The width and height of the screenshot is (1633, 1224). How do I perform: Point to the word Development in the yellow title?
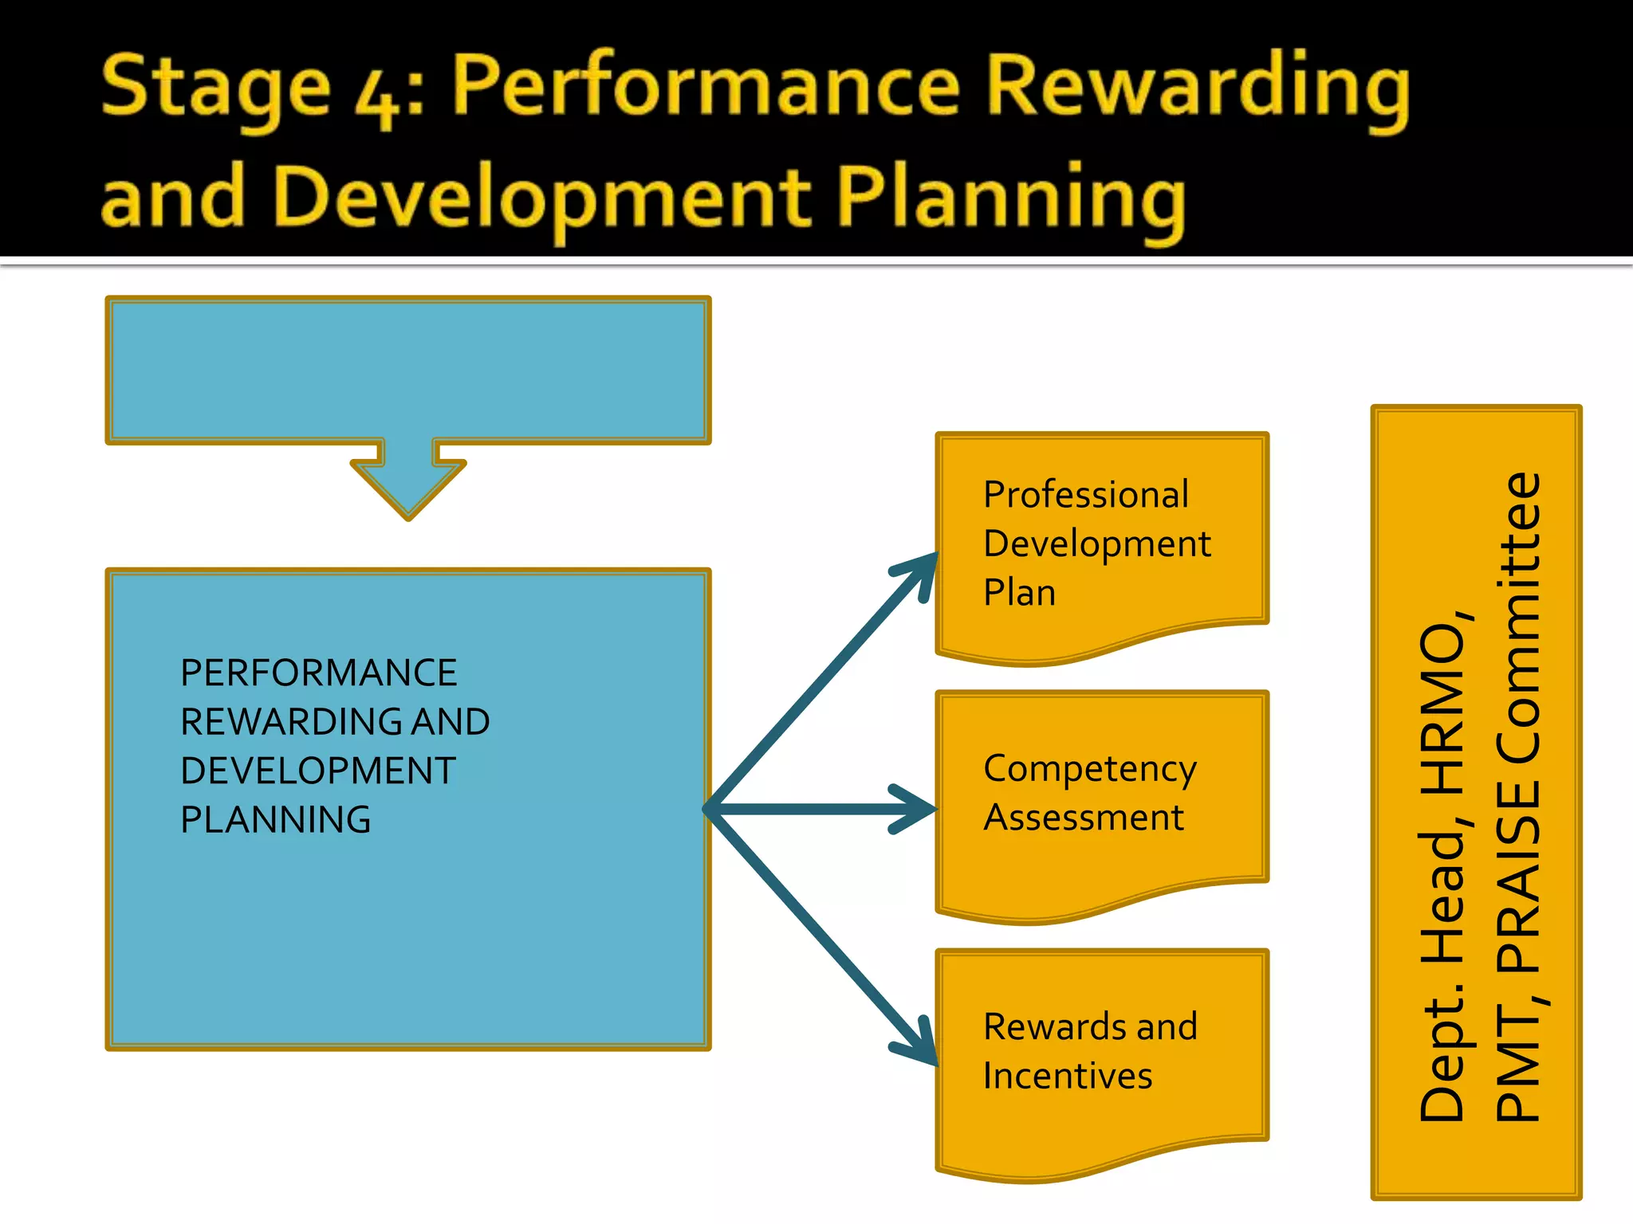click(543, 199)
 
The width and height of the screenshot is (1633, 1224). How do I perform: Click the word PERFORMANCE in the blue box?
click(318, 673)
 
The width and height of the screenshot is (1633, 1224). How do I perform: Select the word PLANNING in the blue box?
click(276, 820)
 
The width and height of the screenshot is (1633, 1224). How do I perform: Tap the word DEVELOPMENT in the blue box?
click(317, 771)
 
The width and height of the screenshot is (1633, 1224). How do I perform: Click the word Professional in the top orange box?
click(1085, 494)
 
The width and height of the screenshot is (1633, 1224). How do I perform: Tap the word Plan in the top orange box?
click(1019, 593)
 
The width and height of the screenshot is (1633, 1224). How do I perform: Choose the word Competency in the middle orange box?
click(1089, 769)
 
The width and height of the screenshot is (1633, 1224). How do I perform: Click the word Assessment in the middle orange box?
click(1083, 818)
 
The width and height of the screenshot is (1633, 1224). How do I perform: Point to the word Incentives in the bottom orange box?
click(1068, 1076)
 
